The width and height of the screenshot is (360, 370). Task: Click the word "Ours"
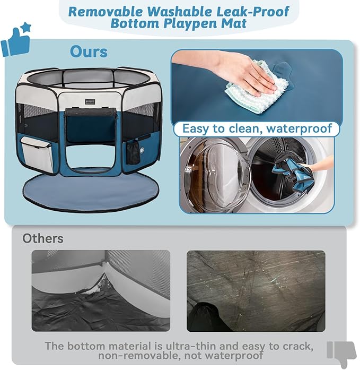coord(89,52)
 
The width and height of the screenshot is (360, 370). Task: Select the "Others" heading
coord(42,238)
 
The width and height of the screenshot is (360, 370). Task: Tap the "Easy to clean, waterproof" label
coord(257,128)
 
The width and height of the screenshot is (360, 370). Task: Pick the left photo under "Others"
coord(101,290)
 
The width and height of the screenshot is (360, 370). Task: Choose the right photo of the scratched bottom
coord(256,290)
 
